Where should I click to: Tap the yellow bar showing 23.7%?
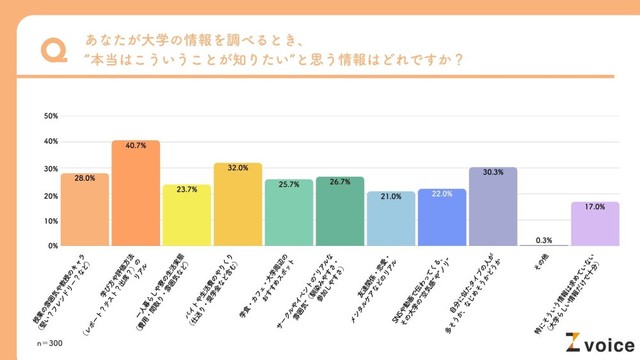[x=187, y=215]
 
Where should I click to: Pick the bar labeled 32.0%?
[x=238, y=204]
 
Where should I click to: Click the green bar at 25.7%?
[x=289, y=213]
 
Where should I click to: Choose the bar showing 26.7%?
[x=340, y=211]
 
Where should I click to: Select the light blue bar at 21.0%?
[x=391, y=219]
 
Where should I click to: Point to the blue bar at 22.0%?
[x=442, y=217]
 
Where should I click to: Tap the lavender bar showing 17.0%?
[x=595, y=224]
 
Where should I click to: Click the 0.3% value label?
[x=544, y=239]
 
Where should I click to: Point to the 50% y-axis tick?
[x=50, y=116]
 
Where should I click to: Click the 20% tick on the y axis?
[x=50, y=194]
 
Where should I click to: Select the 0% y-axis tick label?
[x=52, y=246]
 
